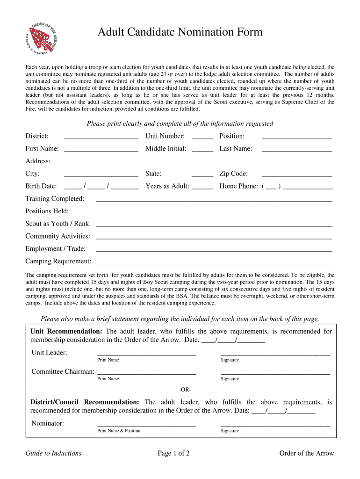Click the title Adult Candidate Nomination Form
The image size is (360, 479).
click(180, 32)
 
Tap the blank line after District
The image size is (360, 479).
click(101, 138)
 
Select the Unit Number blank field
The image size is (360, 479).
click(202, 138)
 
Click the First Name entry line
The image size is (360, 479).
click(101, 150)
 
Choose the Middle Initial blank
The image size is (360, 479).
click(202, 150)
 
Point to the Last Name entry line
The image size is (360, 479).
click(297, 150)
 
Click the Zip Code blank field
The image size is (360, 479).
click(297, 175)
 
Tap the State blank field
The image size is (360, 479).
click(202, 175)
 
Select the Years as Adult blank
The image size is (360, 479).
click(202, 188)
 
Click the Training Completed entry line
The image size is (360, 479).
click(214, 200)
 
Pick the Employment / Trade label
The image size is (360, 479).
click(55, 249)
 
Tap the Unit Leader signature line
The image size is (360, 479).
click(275, 354)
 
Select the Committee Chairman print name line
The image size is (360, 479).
click(146, 373)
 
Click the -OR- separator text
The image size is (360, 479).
click(185, 390)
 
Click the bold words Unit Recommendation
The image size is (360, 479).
click(65, 332)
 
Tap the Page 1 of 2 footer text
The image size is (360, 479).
click(173, 453)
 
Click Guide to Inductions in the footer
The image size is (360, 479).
click(53, 453)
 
